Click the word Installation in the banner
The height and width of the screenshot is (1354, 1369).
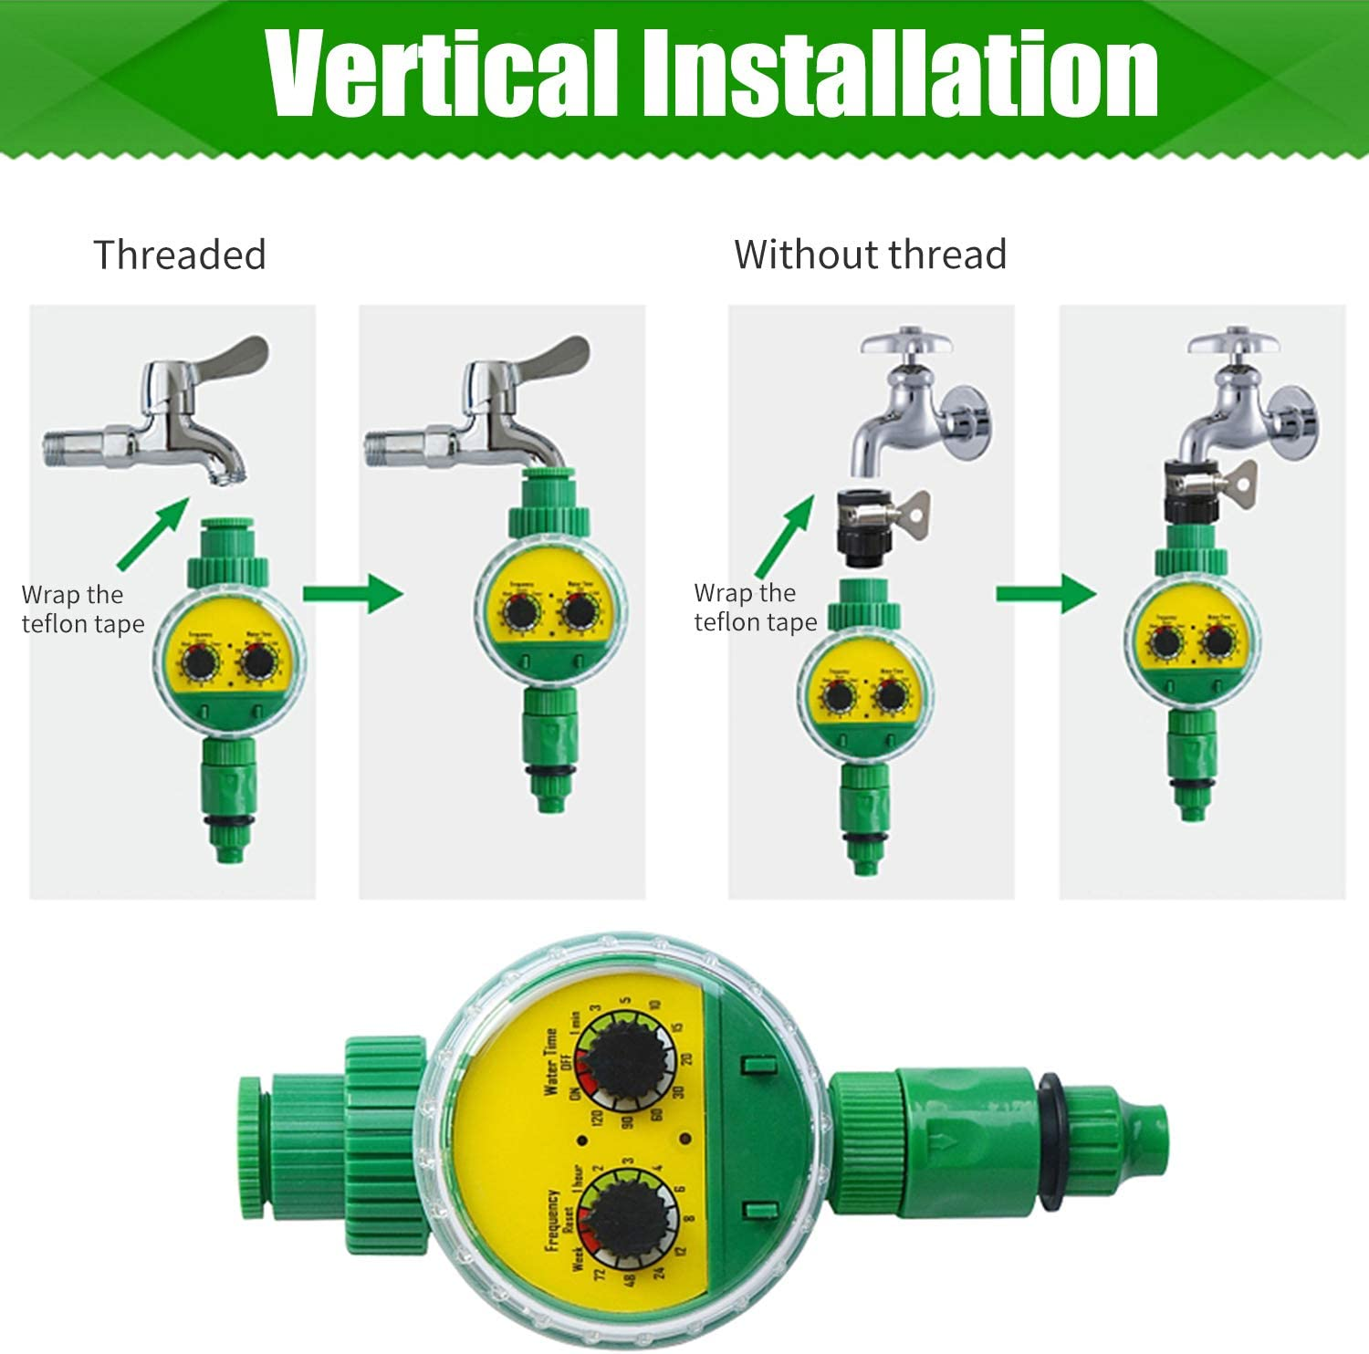click(x=899, y=73)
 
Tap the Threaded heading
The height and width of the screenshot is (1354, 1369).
click(x=180, y=255)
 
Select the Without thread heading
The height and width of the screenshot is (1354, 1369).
click(x=870, y=255)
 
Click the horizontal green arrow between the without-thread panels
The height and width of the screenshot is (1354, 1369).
click(x=1045, y=594)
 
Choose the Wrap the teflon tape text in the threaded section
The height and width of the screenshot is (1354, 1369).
click(x=82, y=609)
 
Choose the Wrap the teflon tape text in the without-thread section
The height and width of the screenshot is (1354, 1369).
click(x=755, y=608)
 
